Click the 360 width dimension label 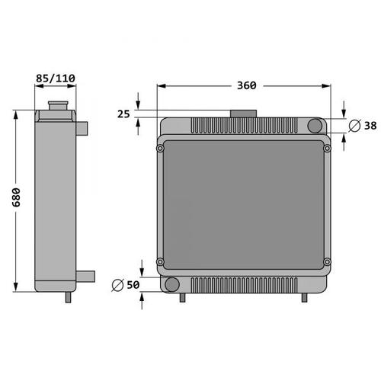click(247, 85)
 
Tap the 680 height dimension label click(17, 197)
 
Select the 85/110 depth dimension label click(56, 78)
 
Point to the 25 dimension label click(123, 114)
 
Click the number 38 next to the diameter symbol click(370, 126)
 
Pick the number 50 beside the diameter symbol click(133, 285)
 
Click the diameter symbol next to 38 click(354, 126)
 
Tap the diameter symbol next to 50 click(117, 285)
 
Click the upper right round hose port click(315, 126)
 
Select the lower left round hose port click(172, 284)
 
